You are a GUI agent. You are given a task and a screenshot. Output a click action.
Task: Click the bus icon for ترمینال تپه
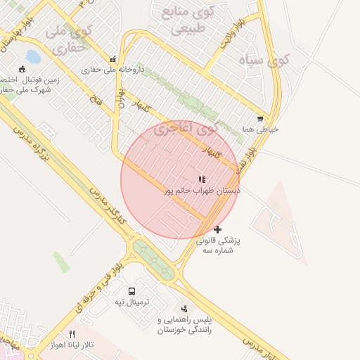coord(132,291)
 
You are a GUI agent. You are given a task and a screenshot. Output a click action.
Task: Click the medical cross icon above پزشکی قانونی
coord(217,229)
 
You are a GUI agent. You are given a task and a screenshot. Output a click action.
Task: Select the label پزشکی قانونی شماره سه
coord(218,245)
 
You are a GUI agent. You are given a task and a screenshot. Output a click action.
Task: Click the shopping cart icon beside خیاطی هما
coord(260,120)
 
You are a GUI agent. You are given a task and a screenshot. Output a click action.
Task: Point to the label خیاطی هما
coord(260,129)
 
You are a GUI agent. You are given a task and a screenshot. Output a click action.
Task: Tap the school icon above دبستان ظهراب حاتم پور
coord(202,180)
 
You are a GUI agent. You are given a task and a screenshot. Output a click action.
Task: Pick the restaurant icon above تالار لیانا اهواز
coord(72,335)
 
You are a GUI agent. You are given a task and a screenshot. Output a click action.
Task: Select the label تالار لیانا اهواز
coord(71,346)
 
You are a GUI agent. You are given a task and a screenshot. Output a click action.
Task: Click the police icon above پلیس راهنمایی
coord(184,309)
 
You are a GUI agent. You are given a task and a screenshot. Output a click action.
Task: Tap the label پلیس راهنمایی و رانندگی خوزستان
coord(184,325)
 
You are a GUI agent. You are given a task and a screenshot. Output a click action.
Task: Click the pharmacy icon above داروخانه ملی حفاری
coord(111,59)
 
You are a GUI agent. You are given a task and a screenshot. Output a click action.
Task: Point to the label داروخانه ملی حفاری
coord(112,70)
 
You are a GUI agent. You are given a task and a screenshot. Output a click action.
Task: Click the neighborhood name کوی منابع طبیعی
coord(185,21)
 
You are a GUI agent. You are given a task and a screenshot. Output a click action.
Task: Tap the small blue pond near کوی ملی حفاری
coord(32,56)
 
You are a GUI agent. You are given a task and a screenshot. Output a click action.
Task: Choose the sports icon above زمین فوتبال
coord(22,69)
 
